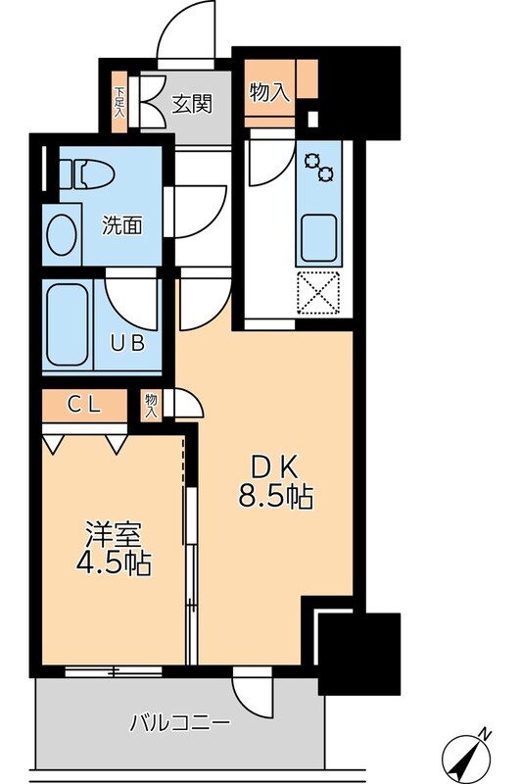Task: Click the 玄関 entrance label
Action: pyautogui.click(x=194, y=101)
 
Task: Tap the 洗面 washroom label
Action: pyautogui.click(x=123, y=224)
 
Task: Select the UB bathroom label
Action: pyautogui.click(x=127, y=342)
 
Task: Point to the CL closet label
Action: pyautogui.click(x=84, y=404)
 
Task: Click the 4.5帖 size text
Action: pyautogui.click(x=116, y=565)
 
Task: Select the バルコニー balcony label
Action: pyautogui.click(x=181, y=724)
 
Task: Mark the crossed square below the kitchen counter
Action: pyautogui.click(x=319, y=291)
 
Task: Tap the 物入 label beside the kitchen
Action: pyautogui.click(x=269, y=93)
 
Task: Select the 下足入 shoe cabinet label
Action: pyautogui.click(x=119, y=102)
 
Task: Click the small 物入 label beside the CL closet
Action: pyautogui.click(x=151, y=405)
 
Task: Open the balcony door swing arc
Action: pyautogui.click(x=251, y=698)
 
